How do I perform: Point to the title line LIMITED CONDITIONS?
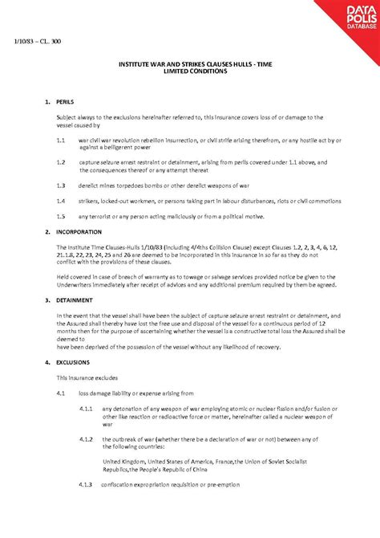point(188,71)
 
